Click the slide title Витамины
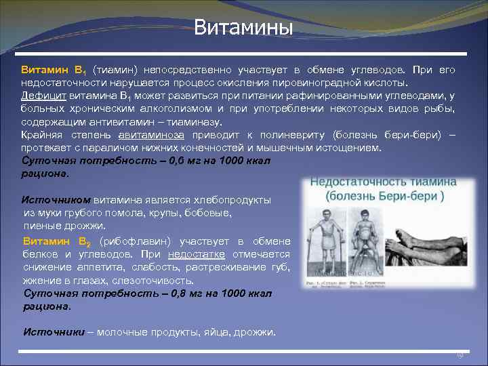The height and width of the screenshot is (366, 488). pyautogui.click(x=243, y=28)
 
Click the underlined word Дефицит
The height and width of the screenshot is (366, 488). pyautogui.click(x=43, y=96)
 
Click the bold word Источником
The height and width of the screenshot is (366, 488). pyautogui.click(x=56, y=200)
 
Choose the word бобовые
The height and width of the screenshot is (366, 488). pyautogui.click(x=209, y=213)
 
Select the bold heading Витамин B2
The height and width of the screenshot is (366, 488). pyautogui.click(x=57, y=241)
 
